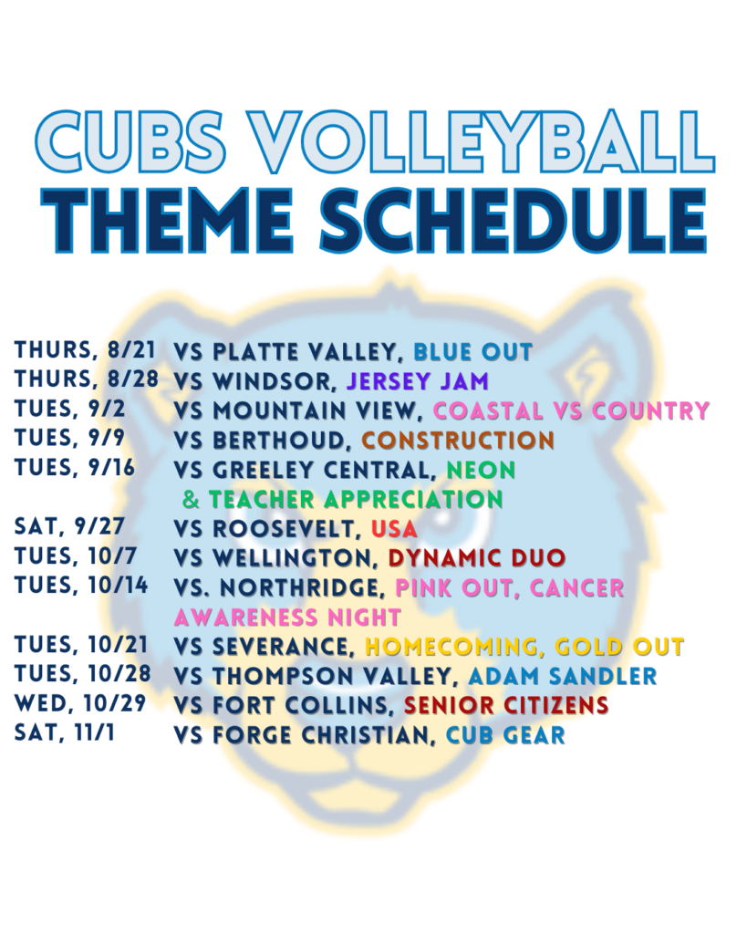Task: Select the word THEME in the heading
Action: [168, 221]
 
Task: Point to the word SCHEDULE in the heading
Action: [514, 221]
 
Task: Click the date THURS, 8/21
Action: [85, 350]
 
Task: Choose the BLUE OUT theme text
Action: [473, 352]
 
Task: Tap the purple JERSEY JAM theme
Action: [418, 381]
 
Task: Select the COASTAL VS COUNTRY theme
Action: [572, 410]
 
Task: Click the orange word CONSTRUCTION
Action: [458, 441]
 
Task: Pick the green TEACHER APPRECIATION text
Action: [356, 499]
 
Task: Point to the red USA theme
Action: [394, 529]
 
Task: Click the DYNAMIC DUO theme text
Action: [477, 558]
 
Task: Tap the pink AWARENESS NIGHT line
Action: [287, 617]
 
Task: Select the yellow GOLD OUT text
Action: [619, 647]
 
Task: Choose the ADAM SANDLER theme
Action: [563, 676]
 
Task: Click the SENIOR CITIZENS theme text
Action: [506, 706]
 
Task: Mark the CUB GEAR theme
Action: [505, 735]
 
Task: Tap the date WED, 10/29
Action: [80, 703]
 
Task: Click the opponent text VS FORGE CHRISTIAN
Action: [302, 735]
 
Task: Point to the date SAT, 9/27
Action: [69, 526]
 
